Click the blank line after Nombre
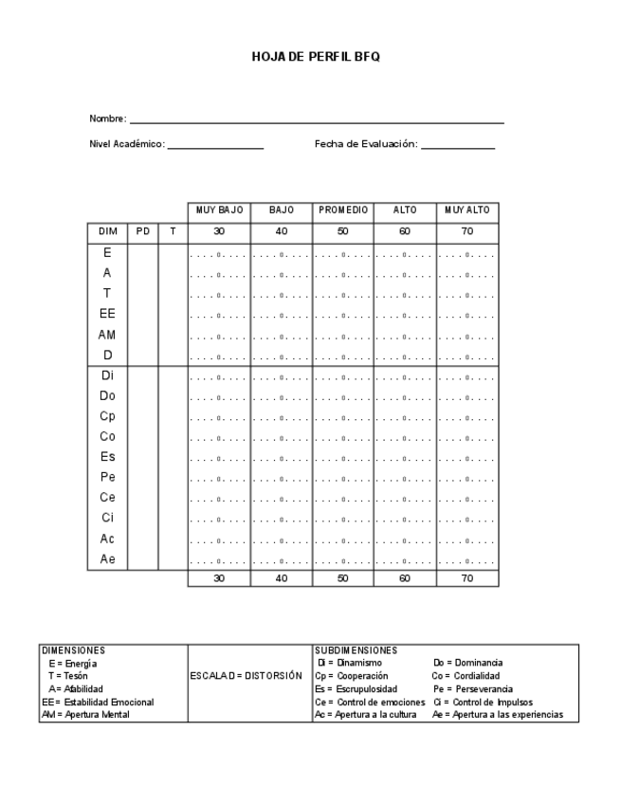pyautogui.click(x=317, y=122)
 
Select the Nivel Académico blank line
pyautogui.click(x=215, y=148)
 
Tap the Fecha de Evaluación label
pyautogui.click(x=366, y=145)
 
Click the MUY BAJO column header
pyautogui.click(x=218, y=210)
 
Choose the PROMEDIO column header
pyautogui.click(x=342, y=210)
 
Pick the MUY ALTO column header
pyautogui.click(x=466, y=210)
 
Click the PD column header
pyautogui.click(x=141, y=231)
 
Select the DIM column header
pyautogui.click(x=106, y=231)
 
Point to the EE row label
pyautogui.click(x=106, y=314)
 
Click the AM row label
pyautogui.click(x=106, y=335)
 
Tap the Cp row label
pyautogui.click(x=106, y=416)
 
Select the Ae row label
pyautogui.click(x=106, y=559)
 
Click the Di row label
pyautogui.click(x=106, y=375)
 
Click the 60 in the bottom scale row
pyautogui.click(x=405, y=579)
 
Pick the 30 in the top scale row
pyautogui.click(x=218, y=231)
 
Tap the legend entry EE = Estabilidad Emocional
pyautogui.click(x=99, y=702)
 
